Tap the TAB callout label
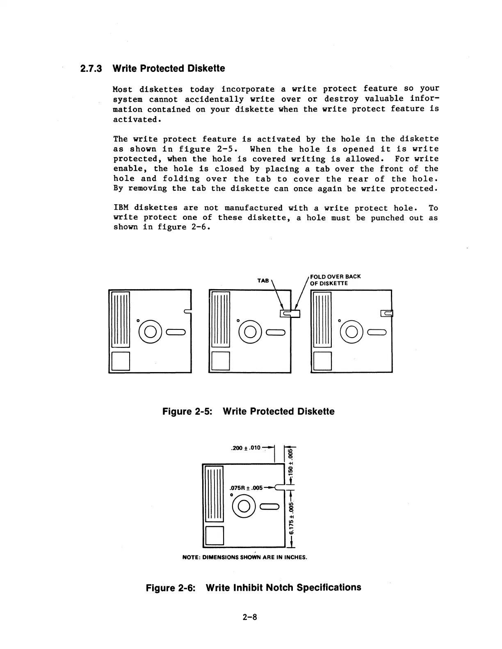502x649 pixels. tap(263, 281)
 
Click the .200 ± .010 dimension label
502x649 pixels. tap(246, 448)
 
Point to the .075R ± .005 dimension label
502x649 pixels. tap(246, 488)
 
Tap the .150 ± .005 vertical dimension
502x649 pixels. tap(291, 462)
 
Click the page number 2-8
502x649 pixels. tap(249, 617)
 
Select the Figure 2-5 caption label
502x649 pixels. tap(187, 411)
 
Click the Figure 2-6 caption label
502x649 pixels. tap(171, 588)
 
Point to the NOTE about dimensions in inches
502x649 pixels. tap(244, 557)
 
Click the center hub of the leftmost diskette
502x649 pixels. tap(150, 331)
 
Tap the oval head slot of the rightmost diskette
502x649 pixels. tap(377, 331)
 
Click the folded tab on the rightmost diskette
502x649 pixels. tap(387, 314)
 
